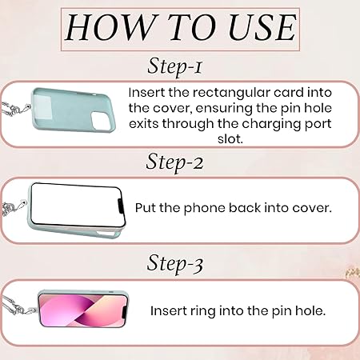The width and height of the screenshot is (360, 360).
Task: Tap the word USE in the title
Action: coord(262,27)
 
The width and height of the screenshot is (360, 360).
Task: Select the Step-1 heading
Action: coord(174,66)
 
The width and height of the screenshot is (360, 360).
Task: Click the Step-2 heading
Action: coord(174,162)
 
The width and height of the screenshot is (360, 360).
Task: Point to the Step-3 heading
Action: coord(175,263)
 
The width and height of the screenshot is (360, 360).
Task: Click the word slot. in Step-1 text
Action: coord(230,139)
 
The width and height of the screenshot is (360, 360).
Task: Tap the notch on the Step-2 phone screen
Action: coord(121,206)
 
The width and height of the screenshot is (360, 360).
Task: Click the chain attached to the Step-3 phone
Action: coord(18,306)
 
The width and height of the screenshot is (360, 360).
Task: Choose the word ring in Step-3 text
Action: coord(202,311)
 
